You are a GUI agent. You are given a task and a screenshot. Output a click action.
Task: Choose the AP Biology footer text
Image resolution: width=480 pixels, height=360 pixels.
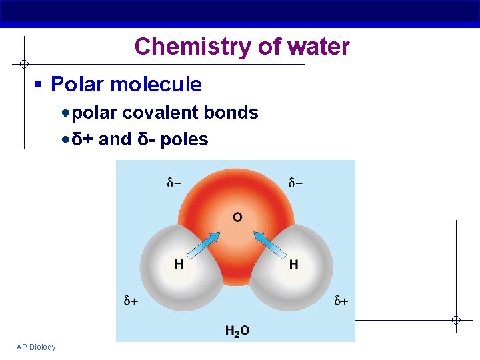tap(36, 347)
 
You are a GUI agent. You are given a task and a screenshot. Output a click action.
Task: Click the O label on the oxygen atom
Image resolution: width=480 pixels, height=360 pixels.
tap(237, 217)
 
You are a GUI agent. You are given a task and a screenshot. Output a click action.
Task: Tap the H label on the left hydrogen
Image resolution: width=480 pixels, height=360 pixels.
tap(179, 265)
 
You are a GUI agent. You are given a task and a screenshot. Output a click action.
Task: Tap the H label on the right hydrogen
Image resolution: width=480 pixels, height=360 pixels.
tap(293, 265)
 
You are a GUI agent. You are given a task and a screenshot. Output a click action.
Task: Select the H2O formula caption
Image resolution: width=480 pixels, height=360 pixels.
tap(237, 330)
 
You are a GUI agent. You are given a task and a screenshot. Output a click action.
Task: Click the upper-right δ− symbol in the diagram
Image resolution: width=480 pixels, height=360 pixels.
tap(295, 183)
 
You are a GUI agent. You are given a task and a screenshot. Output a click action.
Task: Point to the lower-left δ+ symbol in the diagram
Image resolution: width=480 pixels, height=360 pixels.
tap(131, 301)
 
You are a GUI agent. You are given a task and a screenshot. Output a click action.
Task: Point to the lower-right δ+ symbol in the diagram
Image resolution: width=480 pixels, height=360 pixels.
tap(341, 301)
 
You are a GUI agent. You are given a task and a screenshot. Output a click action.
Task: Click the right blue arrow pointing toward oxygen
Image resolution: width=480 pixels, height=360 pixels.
tap(269, 244)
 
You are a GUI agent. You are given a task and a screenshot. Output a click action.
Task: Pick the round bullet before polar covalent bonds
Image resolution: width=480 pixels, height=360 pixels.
tap(67, 113)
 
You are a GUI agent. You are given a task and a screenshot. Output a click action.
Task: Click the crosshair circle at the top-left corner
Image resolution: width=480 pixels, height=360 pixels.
tap(23, 64)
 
